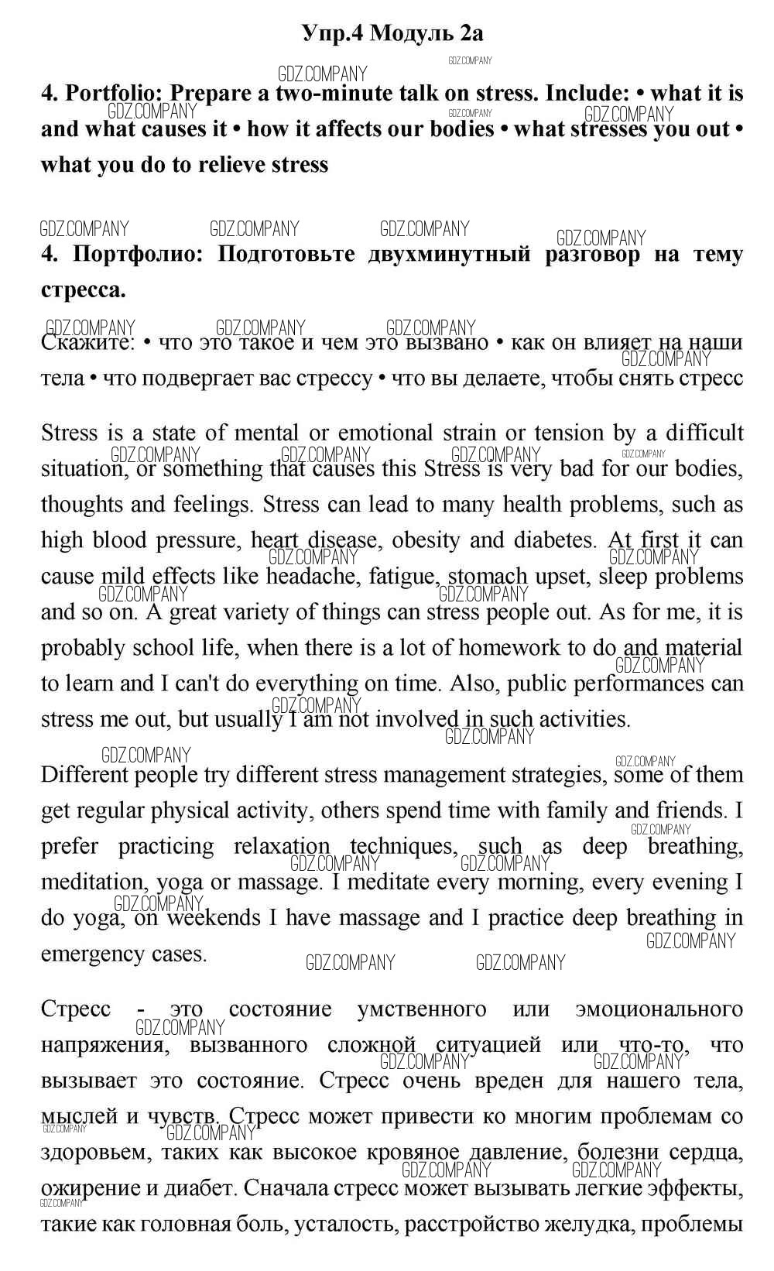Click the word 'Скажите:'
click(88, 343)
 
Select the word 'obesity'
click(430, 540)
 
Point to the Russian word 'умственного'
click(422, 1009)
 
